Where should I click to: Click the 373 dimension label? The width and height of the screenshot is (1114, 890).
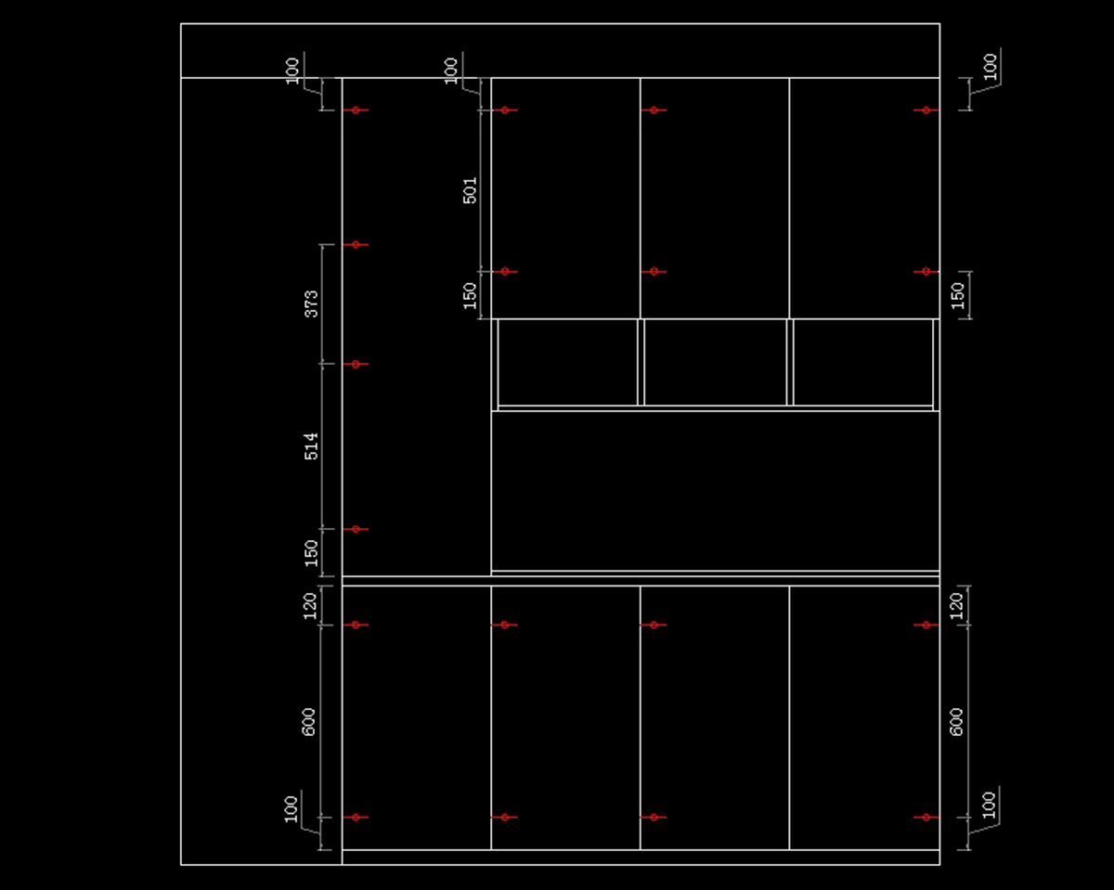(x=312, y=303)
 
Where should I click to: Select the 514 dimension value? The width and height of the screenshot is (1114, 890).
(x=312, y=445)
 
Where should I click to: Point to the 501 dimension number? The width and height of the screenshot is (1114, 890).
(x=470, y=190)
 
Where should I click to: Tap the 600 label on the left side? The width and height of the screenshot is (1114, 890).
(x=309, y=721)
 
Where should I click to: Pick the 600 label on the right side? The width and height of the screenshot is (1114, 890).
(x=957, y=721)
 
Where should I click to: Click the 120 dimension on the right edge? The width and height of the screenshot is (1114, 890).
(x=957, y=605)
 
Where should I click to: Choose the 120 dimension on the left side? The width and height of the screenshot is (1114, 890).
(x=310, y=605)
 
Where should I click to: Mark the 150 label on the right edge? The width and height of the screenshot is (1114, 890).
(x=958, y=295)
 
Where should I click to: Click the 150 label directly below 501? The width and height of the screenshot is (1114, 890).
(x=470, y=295)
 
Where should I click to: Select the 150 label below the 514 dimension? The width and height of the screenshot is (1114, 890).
(x=312, y=552)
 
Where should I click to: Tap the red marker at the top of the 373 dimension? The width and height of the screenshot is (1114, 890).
(x=356, y=245)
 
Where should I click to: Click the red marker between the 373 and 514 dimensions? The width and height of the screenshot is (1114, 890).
(x=356, y=364)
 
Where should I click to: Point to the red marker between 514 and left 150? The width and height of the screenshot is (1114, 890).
(x=356, y=529)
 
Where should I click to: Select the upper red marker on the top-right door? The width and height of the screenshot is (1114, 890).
(x=926, y=110)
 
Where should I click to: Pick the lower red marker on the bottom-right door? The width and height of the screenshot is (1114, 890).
(x=926, y=818)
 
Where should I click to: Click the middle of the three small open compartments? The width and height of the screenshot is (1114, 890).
(x=715, y=362)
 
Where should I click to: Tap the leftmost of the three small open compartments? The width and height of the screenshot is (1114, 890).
(x=567, y=362)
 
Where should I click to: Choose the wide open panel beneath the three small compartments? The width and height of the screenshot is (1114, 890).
(x=715, y=490)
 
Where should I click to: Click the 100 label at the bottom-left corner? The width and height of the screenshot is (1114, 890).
(x=292, y=807)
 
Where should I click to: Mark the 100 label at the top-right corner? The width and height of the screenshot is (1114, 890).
(x=991, y=66)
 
